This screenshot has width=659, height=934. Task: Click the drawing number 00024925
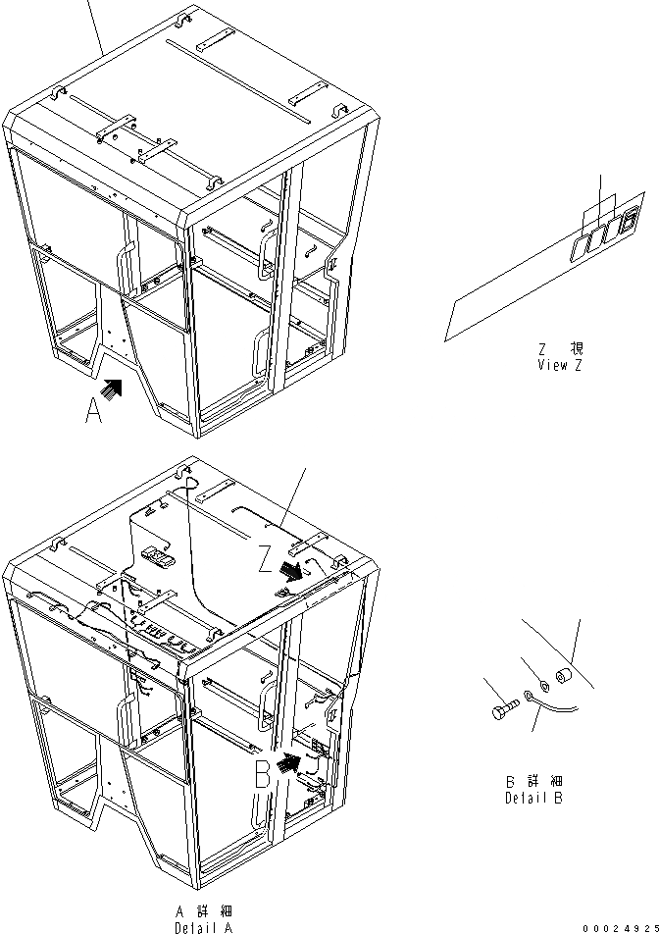618,927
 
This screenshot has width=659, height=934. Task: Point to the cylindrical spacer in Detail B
563,677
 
